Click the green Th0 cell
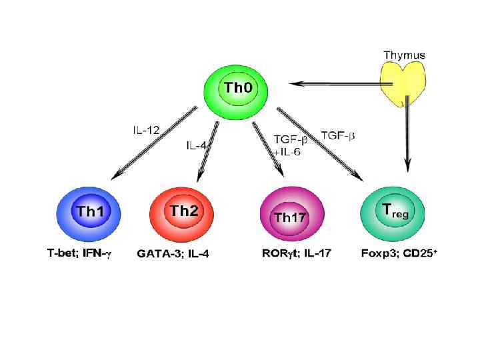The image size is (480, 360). tap(237, 89)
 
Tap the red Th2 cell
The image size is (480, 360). tap(183, 213)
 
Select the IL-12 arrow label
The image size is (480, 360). tap(145, 130)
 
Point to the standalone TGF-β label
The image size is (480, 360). tap(338, 135)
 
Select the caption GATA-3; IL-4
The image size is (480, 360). tap(173, 254)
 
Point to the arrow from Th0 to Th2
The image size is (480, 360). tap(208, 150)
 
